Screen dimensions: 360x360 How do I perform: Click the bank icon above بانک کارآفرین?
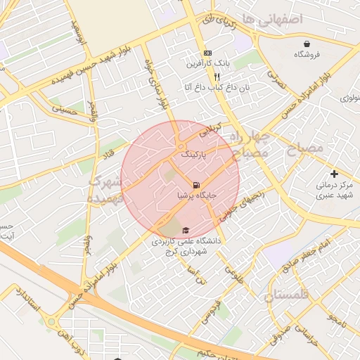[207, 53]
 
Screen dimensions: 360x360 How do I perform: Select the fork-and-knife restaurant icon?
[217, 77]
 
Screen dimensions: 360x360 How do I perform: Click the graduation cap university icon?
[186, 231]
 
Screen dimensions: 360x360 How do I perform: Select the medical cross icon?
[334, 174]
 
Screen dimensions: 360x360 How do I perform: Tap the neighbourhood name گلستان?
[287, 296]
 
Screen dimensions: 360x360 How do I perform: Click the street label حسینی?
[64, 109]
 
